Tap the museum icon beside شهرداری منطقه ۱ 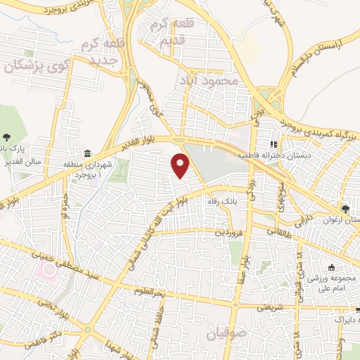coord(87,153)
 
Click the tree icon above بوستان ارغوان coord(345,209)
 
